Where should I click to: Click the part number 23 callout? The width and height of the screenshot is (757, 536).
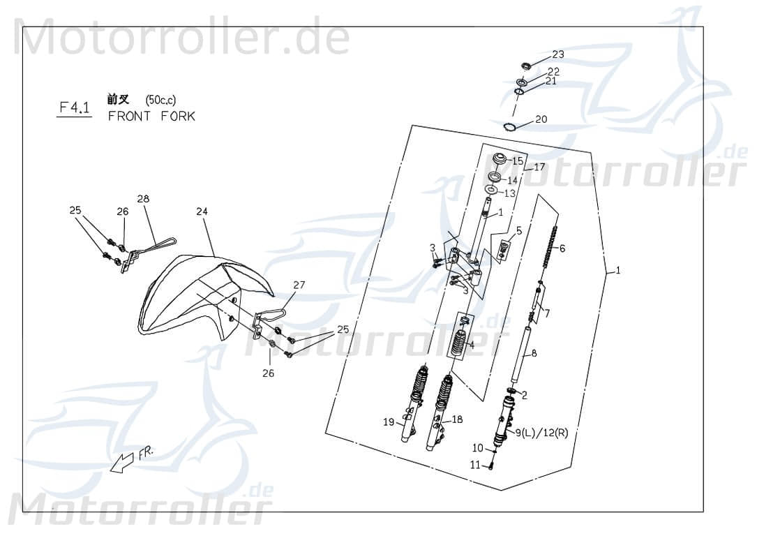pos(558,54)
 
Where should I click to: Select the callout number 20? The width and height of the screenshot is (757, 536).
pos(541,119)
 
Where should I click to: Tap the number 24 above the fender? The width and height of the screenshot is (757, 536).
pos(202,211)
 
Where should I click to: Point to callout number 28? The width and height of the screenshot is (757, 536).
pos(143,199)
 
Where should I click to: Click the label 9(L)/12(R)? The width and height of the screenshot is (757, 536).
pos(541,433)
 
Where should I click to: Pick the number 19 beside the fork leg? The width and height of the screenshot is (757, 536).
pos(389,422)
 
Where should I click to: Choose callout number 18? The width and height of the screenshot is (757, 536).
pos(457,419)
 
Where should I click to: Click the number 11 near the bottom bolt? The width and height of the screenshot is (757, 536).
pos(475,466)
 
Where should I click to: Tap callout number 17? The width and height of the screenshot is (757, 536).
pos(539,167)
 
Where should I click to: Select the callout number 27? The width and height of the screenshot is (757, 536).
pos(299,285)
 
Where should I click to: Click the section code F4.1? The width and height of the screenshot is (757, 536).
pos(73,107)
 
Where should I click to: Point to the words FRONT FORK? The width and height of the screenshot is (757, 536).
pos(151,117)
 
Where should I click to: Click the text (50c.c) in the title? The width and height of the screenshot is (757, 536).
pos(161,99)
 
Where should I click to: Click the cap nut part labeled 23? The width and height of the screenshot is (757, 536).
pos(527,66)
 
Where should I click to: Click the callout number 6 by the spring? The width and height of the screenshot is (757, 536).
pos(562,248)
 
